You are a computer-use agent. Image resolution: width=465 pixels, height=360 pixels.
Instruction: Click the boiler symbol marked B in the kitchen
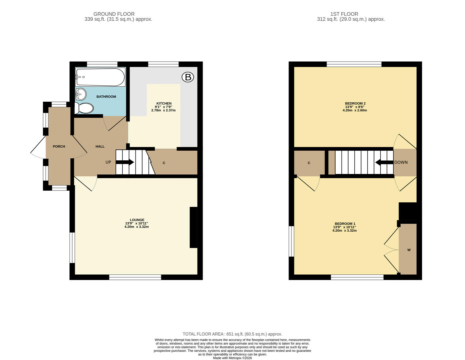(188, 77)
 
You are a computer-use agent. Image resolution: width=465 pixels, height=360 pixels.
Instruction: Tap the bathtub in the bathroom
(100, 77)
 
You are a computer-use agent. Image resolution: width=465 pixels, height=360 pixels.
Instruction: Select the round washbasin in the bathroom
(81, 94)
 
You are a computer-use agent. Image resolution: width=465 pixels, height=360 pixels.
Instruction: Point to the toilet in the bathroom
(84, 108)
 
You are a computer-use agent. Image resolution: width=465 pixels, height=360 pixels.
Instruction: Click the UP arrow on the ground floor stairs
(125, 162)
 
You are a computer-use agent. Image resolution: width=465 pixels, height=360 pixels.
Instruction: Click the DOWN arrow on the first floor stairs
(385, 162)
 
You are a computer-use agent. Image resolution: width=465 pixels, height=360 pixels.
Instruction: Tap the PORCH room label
(59, 146)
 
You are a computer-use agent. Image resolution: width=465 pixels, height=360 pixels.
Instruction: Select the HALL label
(100, 146)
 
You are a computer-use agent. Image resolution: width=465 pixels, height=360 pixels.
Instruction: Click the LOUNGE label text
(137, 220)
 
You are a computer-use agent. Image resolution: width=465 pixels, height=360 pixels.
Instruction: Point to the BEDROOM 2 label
(355, 103)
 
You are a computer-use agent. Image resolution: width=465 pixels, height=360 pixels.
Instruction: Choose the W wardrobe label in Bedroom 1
(409, 250)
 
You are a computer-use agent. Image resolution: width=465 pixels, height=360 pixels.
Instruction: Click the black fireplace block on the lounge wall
(193, 227)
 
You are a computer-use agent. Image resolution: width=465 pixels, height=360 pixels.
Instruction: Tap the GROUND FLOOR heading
(114, 14)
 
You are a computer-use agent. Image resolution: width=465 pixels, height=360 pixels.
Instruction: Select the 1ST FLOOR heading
(344, 14)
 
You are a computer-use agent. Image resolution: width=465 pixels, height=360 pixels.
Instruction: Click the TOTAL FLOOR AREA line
(232, 334)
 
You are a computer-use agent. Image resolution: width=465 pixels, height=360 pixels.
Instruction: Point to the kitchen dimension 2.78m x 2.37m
(163, 110)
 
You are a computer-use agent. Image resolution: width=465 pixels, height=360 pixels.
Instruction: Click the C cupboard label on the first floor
(309, 163)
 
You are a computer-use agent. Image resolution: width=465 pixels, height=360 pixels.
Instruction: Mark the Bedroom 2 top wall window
(354, 64)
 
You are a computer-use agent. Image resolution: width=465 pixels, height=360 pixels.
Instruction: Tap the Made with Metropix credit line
(232, 358)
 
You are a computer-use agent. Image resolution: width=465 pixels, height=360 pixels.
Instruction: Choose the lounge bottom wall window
(135, 277)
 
